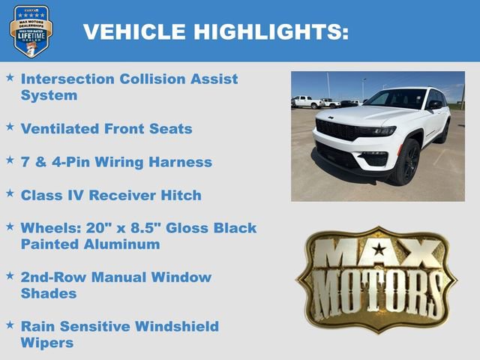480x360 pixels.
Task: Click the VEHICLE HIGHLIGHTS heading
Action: [x=215, y=31]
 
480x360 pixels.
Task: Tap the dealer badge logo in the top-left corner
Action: [x=31, y=31]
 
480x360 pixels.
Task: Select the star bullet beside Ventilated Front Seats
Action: [x=10, y=127]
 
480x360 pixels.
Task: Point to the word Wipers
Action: [x=47, y=343]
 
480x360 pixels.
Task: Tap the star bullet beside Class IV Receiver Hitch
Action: [x=10, y=193]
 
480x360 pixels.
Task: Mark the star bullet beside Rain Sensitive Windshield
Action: [x=10, y=325]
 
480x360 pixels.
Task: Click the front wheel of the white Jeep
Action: [x=405, y=164]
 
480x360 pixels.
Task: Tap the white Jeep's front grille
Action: [x=337, y=130]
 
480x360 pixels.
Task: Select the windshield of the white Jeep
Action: [x=397, y=99]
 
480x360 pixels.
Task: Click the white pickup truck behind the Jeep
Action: [x=307, y=101]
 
